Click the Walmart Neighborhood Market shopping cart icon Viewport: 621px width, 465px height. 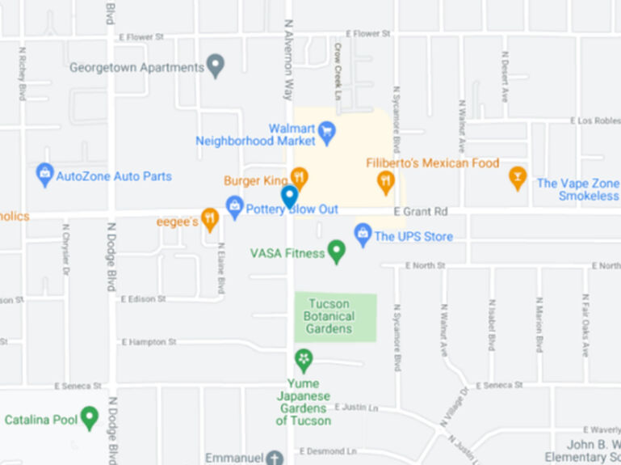click(327, 132)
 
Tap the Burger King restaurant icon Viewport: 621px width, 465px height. click(300, 177)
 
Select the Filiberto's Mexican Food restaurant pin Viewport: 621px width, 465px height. click(386, 183)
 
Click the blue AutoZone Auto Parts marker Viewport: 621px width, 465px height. click(45, 174)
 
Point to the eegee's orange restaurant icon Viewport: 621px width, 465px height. click(210, 218)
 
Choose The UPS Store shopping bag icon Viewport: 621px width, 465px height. click(363, 235)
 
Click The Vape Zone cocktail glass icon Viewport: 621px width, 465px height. click(518, 177)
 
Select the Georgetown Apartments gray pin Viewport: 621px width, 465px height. click(215, 66)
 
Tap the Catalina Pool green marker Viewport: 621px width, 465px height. click(90, 417)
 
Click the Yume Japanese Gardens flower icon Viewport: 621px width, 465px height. click(304, 359)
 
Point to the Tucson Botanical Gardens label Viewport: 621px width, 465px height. click(329, 316)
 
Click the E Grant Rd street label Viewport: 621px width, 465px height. click(420, 212)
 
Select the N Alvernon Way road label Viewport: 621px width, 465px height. click(287, 59)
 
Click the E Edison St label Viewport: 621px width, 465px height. click(143, 298)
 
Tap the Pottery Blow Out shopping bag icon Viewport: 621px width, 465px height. click(235, 206)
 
